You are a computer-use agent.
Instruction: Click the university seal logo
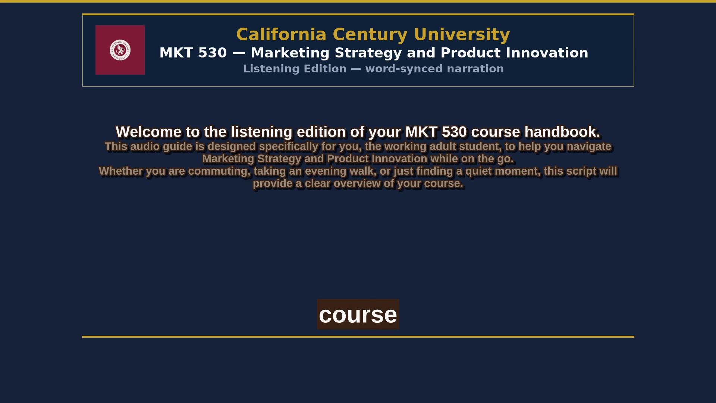(x=120, y=50)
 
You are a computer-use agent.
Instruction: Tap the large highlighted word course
(x=358, y=315)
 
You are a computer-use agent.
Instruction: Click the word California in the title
(x=282, y=34)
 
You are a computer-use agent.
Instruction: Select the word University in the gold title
(x=462, y=35)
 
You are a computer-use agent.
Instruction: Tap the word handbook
(x=562, y=132)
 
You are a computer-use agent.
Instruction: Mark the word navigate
(x=589, y=147)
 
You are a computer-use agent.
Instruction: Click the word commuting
(x=219, y=171)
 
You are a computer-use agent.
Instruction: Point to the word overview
(x=357, y=184)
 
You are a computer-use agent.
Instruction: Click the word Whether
(x=121, y=171)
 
